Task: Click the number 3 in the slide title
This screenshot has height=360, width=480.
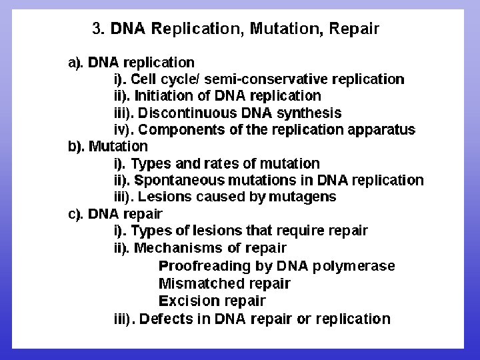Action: (x=97, y=29)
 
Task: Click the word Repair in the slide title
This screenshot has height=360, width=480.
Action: (x=354, y=29)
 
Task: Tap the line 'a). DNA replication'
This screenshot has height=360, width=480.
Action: (x=131, y=63)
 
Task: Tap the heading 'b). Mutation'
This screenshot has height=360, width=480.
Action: (x=108, y=146)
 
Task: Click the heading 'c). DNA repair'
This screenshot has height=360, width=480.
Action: (x=115, y=214)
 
